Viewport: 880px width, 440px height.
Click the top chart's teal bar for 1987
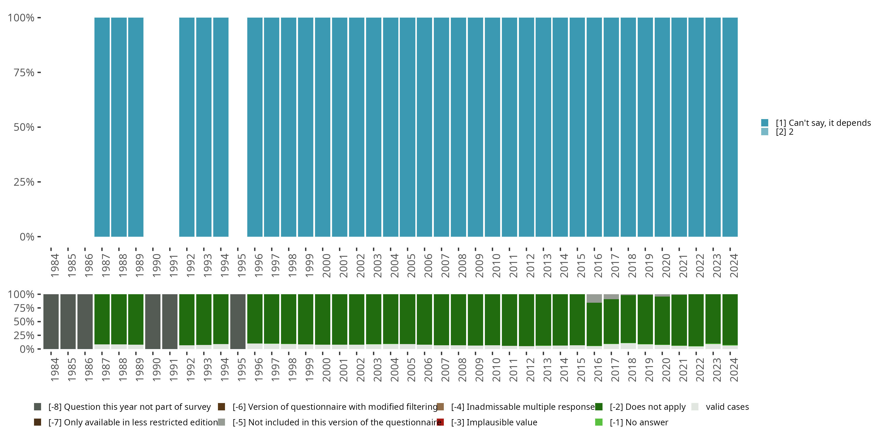pos(102,127)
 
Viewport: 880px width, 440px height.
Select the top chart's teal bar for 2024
pos(730,127)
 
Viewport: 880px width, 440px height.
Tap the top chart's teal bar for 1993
pos(204,127)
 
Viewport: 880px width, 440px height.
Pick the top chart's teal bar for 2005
pos(407,127)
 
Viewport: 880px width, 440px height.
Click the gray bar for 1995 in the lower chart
pos(238,321)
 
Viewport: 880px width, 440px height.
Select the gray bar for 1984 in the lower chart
pos(51,321)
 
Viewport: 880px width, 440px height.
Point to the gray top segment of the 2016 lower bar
pos(594,298)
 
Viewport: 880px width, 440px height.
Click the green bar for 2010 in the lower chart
pos(492,319)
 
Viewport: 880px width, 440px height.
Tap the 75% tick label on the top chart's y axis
pos(24,73)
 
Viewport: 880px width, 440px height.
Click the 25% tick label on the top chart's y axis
pos(24,182)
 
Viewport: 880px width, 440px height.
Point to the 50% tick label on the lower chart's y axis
pos(24,322)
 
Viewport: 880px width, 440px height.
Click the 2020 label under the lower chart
pos(666,370)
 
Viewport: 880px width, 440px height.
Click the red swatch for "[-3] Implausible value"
pos(440,422)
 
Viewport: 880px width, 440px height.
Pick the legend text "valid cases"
pos(727,407)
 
